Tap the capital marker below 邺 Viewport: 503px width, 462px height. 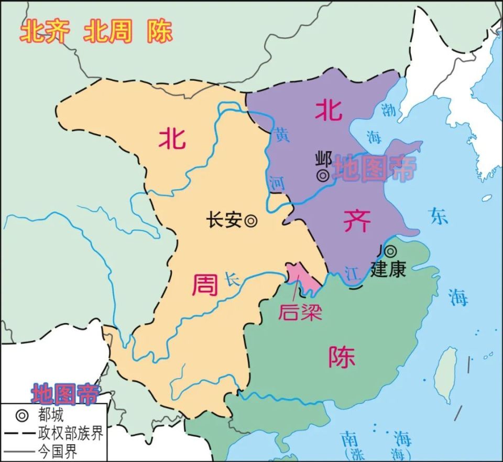pyautogui.click(x=323, y=176)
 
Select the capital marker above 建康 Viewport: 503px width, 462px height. pyautogui.click(x=390, y=252)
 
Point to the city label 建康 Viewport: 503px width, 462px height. pyautogui.click(x=388, y=270)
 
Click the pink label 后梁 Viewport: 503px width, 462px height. pyautogui.click(x=299, y=312)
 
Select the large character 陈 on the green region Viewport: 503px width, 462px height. pyautogui.click(x=342, y=357)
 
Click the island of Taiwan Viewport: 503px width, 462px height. pyautogui.click(x=446, y=367)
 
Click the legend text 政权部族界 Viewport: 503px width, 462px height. pyautogui.click(x=70, y=433)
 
